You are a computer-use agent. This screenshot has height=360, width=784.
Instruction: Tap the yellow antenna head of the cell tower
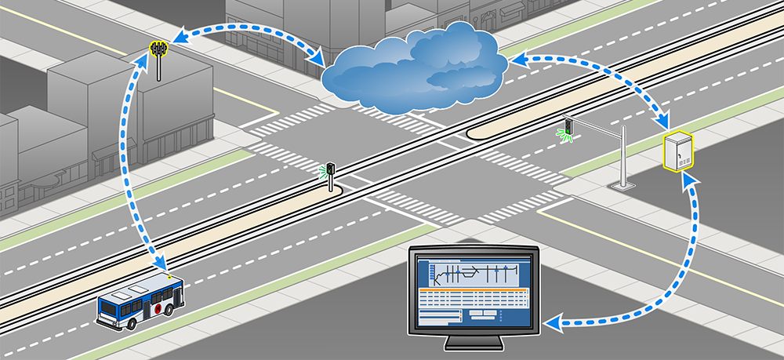[160, 49]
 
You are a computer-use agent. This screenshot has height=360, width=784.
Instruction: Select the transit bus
[140, 303]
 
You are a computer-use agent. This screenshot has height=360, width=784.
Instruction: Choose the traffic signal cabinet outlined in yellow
[679, 151]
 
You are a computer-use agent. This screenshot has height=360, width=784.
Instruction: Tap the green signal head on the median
[331, 168]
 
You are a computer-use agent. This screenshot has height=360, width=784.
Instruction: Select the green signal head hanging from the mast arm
[567, 126]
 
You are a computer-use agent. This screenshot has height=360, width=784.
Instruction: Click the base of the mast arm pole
[622, 185]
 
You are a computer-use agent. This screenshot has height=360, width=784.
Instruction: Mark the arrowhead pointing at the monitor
[552, 322]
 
